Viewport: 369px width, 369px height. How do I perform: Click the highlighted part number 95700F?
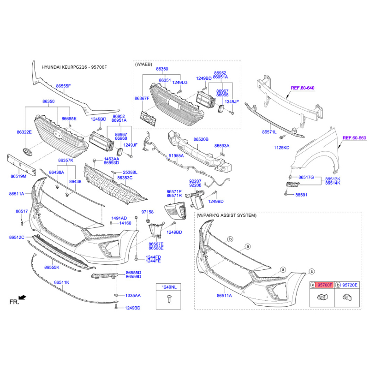click(x=325, y=285)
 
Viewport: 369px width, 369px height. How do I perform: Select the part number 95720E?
click(x=350, y=285)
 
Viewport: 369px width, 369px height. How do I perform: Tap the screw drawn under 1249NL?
click(x=169, y=299)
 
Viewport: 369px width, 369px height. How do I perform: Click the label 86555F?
click(x=63, y=86)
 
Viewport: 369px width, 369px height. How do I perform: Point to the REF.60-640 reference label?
click(x=303, y=88)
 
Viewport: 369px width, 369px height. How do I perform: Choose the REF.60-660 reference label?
click(x=354, y=137)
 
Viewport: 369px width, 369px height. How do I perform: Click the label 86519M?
click(x=18, y=176)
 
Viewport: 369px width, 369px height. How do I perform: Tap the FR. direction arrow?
click(x=22, y=298)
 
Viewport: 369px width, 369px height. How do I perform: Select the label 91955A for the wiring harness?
click(x=176, y=155)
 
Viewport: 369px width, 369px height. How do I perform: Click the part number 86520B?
click(x=201, y=139)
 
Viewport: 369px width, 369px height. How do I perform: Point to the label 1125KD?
click(x=282, y=148)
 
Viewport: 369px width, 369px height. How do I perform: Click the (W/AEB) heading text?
click(x=143, y=64)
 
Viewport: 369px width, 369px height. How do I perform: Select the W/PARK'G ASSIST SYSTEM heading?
click(x=226, y=215)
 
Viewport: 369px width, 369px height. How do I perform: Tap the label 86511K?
click(x=62, y=282)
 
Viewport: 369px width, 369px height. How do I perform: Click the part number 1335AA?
click(x=133, y=295)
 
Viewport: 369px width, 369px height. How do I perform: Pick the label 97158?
click(x=147, y=212)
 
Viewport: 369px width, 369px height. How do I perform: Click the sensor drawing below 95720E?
click(x=347, y=297)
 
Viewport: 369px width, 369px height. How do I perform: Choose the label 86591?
click(x=302, y=195)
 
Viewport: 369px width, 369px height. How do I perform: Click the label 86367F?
click(x=142, y=98)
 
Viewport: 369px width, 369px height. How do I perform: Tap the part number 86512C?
click(x=17, y=237)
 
